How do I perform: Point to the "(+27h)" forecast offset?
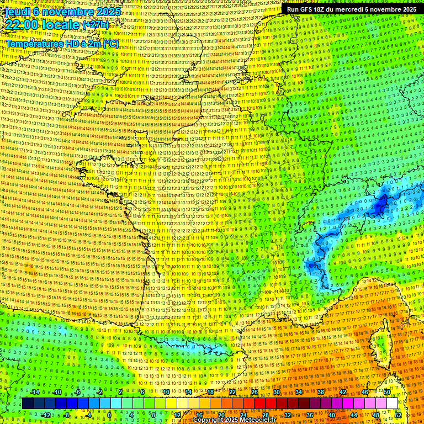point(96,25)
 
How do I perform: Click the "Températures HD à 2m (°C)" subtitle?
point(62,43)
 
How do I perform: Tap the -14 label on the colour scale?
point(35,392)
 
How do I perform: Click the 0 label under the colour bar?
point(109,415)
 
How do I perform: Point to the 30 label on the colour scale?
point(277,392)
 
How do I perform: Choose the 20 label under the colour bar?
point(221,415)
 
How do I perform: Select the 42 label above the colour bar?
point(343,392)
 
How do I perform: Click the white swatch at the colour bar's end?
point(393,404)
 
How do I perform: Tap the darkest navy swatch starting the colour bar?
point(28,404)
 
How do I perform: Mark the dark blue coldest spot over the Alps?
point(381,206)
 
